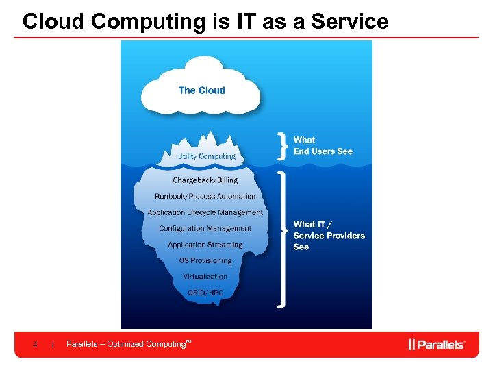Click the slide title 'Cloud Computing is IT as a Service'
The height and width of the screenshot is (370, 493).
[205, 22]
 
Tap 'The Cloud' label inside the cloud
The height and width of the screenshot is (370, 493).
[201, 90]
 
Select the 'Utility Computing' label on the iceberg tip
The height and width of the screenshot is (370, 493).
[206, 156]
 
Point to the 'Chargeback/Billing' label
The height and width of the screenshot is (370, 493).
[205, 180]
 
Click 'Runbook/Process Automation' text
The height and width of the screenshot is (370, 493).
[205, 197]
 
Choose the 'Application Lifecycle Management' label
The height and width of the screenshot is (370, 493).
[205, 212]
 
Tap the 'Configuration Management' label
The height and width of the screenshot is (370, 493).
[205, 229]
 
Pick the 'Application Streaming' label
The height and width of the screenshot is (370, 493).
[205, 245]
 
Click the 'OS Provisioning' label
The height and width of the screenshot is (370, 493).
[205, 260]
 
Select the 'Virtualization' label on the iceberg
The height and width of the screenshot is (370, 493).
[205, 277]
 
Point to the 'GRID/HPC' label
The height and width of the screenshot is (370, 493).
[205, 293]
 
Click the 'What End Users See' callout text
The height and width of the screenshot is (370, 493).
[323, 146]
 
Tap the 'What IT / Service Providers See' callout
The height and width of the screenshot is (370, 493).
[329, 235]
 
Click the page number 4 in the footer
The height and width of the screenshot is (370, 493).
[35, 344]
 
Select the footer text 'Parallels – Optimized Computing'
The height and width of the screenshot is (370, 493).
[127, 344]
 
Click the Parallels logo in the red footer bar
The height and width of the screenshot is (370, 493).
[436, 344]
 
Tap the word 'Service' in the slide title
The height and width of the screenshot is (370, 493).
[349, 22]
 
